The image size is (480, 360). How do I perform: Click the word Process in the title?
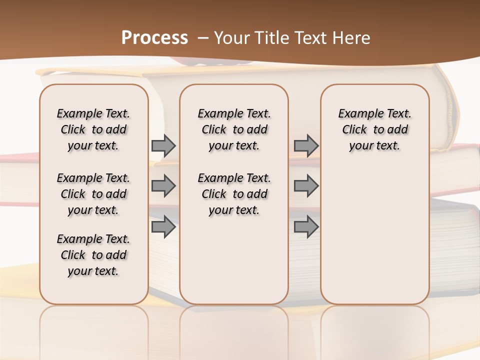154,37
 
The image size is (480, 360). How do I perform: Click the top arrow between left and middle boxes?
163,146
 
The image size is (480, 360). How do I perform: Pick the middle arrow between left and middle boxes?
163,186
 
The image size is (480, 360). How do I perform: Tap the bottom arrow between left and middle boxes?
163,227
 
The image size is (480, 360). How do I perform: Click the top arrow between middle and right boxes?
306,146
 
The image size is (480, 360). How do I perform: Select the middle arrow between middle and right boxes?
306,186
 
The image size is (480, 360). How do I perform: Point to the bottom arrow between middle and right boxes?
306,227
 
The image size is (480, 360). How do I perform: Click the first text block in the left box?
93,129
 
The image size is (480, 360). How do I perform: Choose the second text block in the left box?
93,194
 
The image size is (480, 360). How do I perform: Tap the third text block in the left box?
93,255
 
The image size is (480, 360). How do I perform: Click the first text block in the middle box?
234,129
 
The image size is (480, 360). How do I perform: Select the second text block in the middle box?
234,194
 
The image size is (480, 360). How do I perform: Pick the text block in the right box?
374,129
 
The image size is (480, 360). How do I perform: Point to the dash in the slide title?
203,38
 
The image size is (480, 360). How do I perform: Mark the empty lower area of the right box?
374,235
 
